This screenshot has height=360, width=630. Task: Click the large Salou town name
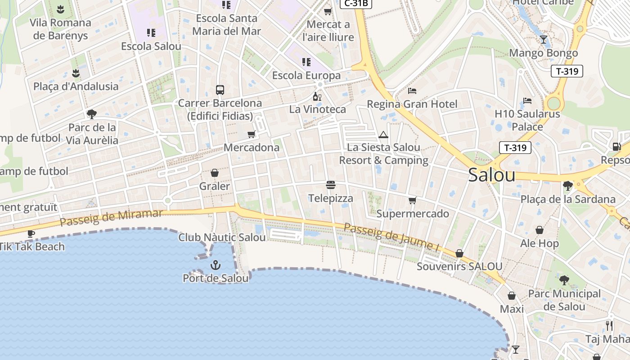(491, 175)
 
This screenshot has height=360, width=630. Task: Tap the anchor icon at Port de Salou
(216, 265)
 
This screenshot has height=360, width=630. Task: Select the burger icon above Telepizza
(331, 185)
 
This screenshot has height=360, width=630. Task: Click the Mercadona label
(252, 148)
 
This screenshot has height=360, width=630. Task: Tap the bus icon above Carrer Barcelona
(220, 90)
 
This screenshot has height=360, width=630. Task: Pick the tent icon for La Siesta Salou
(383, 135)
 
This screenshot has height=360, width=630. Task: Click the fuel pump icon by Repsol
(616, 146)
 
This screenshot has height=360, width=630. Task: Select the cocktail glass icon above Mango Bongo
(544, 40)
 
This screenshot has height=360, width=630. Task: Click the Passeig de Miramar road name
(111, 217)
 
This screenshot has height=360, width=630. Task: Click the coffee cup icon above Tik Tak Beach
(31, 233)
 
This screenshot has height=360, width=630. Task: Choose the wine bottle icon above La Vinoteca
(317, 96)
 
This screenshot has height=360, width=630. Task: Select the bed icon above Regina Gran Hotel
(412, 91)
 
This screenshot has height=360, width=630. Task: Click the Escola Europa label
(306, 75)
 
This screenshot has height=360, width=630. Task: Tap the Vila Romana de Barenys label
(60, 29)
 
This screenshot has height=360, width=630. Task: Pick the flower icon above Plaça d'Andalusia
(76, 73)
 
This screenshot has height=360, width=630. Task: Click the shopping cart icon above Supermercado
(412, 200)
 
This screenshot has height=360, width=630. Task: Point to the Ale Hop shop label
(540, 243)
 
